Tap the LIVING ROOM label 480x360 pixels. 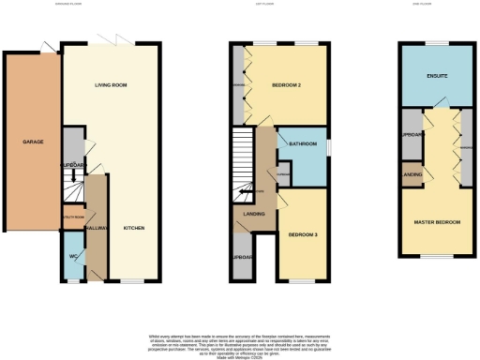[x=111, y=85]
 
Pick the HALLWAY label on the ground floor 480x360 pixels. [x=96, y=228]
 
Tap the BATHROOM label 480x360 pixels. [x=303, y=144]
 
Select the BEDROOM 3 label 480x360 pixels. [x=302, y=233]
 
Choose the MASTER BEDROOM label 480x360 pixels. [x=438, y=221]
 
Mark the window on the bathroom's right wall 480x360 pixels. [x=330, y=146]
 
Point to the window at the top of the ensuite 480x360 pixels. [x=437, y=42]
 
